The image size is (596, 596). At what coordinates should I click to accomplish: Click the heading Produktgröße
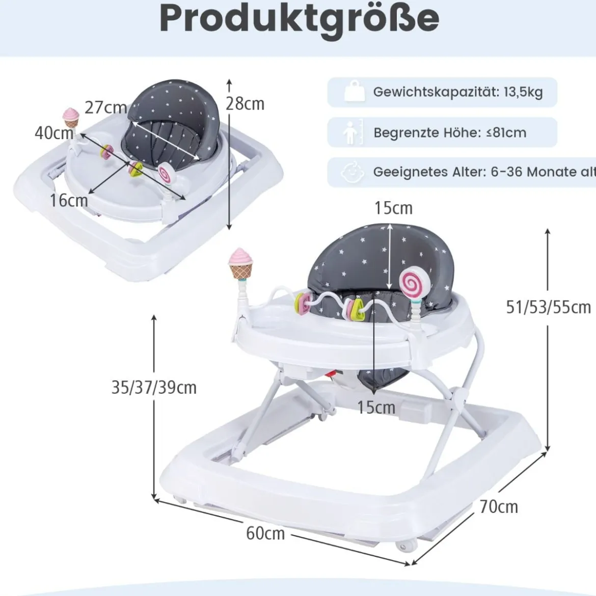[x=300, y=19]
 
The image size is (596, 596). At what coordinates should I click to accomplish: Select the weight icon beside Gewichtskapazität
[x=354, y=91]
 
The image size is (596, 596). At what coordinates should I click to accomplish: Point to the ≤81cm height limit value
[x=507, y=132]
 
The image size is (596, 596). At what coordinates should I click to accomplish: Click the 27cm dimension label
[x=105, y=107]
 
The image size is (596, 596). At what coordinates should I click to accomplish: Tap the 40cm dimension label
[x=54, y=132]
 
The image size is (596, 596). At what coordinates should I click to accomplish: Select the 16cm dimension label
[x=69, y=200]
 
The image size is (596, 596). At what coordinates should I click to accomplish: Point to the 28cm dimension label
[x=245, y=104]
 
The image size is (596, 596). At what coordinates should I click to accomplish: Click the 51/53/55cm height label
[x=549, y=307]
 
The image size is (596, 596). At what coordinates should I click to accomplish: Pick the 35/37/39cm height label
[x=154, y=388]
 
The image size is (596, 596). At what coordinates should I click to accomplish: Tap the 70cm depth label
[x=499, y=507]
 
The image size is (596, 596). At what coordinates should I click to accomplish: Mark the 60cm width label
[x=265, y=533]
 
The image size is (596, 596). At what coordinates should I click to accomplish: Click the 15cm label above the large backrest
[x=393, y=208]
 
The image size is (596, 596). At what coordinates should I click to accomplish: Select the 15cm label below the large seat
[x=376, y=407]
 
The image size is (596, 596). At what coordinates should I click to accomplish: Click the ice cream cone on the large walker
[x=240, y=263]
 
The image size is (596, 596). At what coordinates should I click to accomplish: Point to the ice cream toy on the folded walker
[x=71, y=118]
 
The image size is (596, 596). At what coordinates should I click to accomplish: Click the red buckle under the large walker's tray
[x=333, y=374]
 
